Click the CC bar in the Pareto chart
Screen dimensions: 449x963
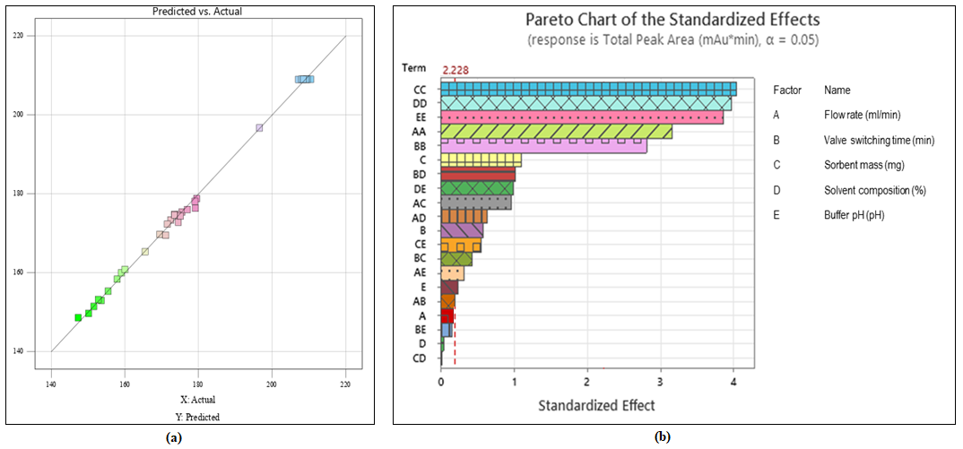point(588,89)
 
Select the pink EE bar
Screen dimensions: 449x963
point(581,117)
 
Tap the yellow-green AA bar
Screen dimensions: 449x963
point(556,132)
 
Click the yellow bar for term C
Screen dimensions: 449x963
point(481,160)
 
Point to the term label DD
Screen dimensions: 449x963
point(420,103)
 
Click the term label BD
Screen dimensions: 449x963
point(420,174)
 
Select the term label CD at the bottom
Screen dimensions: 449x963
point(420,358)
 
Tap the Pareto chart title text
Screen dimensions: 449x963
point(672,19)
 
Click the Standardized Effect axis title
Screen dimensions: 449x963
point(596,405)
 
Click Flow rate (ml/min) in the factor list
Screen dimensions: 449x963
point(862,115)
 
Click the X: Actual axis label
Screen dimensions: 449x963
point(198,400)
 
